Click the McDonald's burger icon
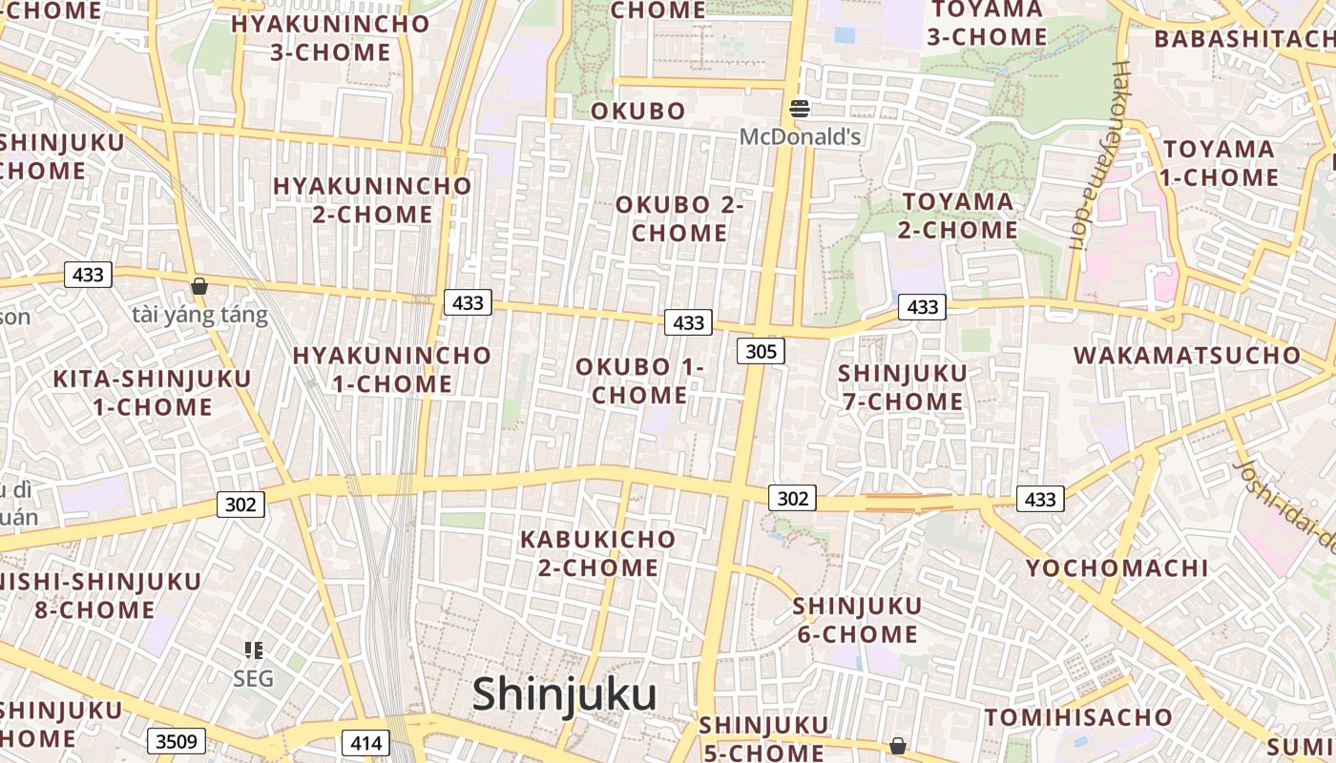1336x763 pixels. point(800,109)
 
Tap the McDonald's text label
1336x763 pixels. point(800,137)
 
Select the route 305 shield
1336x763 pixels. point(761,351)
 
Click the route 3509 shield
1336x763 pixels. point(177,741)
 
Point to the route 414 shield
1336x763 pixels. point(365,743)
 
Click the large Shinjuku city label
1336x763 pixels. point(564,694)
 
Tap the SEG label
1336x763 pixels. point(253,679)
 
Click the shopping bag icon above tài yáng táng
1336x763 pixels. point(199,286)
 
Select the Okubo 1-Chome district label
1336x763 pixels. point(639,381)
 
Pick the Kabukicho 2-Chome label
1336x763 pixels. point(597,553)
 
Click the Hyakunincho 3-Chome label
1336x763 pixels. point(330,38)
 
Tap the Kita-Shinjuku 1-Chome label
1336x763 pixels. point(152,392)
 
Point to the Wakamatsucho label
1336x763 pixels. point(1187,356)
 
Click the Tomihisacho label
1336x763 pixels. point(1078,717)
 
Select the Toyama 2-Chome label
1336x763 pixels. point(958,216)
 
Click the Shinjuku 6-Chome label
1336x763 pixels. point(856,620)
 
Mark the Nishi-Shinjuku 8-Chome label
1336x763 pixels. point(100,595)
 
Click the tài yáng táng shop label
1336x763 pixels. point(199,315)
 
